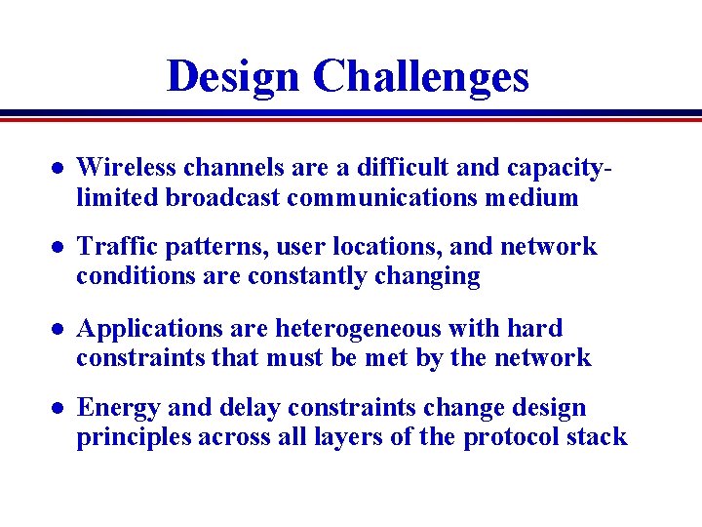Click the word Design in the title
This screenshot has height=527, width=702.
(x=233, y=76)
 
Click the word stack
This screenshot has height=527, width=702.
(x=599, y=437)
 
